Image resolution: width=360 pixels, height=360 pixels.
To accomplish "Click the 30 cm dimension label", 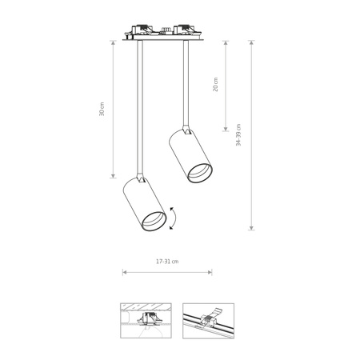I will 102,109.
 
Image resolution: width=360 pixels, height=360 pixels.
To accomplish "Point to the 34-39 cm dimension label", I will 238,135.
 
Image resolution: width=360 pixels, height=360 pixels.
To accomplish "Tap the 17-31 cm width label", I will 167,261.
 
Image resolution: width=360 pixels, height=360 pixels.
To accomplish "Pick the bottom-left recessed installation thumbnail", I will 144,320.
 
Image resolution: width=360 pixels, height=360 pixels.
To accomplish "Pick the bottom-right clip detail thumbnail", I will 208,320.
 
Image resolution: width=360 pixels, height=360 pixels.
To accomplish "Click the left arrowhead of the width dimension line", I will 124,273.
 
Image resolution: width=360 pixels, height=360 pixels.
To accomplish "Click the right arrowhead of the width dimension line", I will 210,273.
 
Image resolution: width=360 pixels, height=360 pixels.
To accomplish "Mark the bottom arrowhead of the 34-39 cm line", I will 251,228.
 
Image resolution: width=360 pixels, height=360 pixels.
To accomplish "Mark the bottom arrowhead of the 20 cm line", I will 226,129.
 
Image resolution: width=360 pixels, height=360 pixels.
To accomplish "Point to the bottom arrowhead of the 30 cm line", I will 113,176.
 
